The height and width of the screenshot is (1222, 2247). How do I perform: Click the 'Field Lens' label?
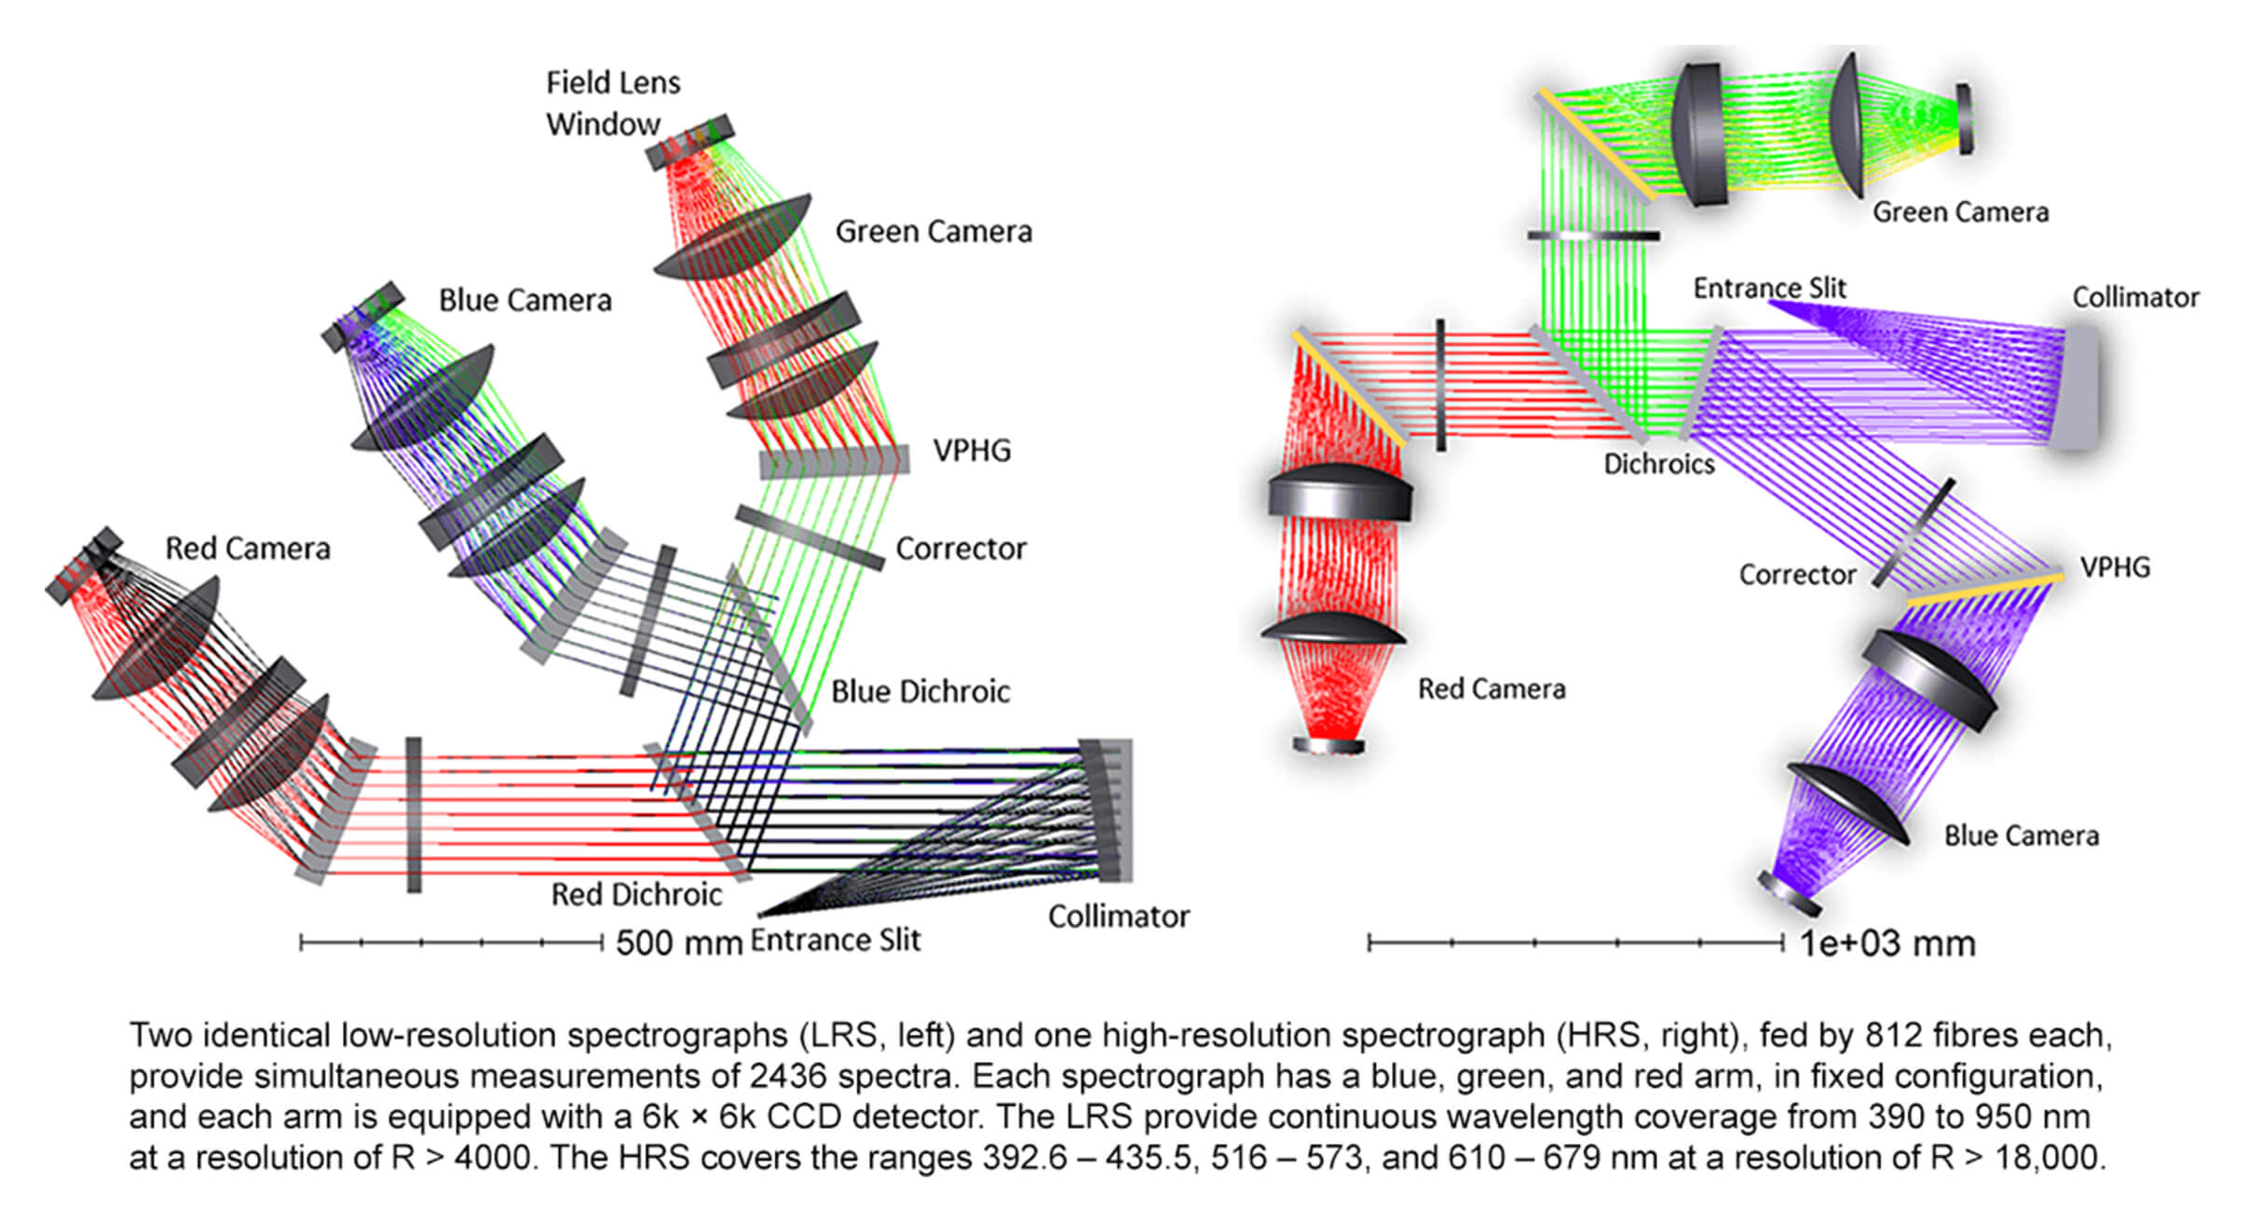(613, 83)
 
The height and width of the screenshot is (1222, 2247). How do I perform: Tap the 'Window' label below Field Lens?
(603, 124)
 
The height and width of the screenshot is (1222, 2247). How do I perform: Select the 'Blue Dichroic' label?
(920, 691)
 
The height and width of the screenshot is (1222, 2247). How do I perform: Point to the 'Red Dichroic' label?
(636, 894)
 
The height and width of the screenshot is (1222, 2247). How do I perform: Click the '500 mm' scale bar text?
(679, 943)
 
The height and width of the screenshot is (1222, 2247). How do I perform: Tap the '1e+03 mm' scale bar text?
(1887, 944)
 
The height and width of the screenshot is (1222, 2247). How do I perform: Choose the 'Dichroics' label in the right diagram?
(1658, 464)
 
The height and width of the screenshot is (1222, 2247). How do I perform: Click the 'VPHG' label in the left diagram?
(972, 451)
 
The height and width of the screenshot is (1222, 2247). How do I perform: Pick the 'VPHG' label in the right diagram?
(2115, 567)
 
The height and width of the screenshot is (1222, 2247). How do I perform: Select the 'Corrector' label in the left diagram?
(960, 549)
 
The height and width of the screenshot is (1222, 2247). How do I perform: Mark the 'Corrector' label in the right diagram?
(1797, 575)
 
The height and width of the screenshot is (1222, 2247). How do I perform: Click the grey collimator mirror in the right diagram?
(2076, 387)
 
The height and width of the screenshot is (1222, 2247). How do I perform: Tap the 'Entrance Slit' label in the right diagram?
(1769, 288)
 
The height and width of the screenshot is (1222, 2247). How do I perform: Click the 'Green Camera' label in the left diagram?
(933, 231)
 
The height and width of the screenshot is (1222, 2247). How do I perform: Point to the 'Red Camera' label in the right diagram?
(1491, 688)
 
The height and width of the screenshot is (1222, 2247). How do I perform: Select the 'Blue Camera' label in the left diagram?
(525, 300)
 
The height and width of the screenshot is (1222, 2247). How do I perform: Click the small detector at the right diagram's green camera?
(1964, 119)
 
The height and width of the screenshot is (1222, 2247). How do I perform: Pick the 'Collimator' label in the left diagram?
(1119, 916)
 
